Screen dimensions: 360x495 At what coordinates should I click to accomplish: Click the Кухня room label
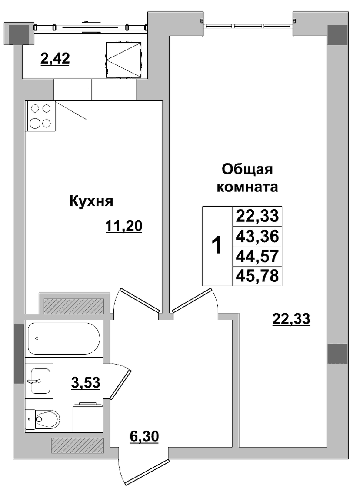tap(91, 201)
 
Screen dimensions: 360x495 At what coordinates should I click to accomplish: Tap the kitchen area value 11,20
tap(123, 226)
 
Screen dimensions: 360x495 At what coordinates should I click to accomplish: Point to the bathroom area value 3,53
tap(85, 383)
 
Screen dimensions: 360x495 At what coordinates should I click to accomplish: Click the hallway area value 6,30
tap(144, 437)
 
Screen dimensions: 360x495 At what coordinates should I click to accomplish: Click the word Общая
tap(247, 170)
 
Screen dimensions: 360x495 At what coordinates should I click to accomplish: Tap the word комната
tap(247, 187)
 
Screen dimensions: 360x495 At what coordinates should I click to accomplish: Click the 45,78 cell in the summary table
tap(257, 275)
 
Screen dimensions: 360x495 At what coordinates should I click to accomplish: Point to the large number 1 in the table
tap(217, 246)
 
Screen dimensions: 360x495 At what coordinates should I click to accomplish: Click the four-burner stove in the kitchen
tap(40, 116)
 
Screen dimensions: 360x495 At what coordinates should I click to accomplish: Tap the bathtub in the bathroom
tap(64, 338)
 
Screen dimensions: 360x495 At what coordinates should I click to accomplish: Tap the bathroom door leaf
tap(120, 384)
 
